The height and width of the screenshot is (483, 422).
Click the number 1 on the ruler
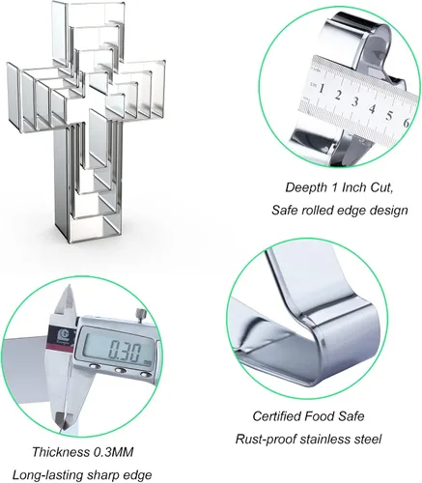click(x=322, y=88)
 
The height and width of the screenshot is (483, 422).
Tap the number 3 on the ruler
click(x=354, y=101)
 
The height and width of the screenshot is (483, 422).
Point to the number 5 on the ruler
click(x=389, y=115)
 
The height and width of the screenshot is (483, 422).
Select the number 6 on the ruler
click(x=406, y=123)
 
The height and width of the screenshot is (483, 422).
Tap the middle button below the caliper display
click(x=120, y=370)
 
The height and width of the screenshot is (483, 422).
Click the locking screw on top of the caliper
click(x=141, y=312)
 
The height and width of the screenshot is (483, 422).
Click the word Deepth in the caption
click(x=306, y=187)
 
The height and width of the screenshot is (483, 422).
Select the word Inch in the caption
click(x=353, y=187)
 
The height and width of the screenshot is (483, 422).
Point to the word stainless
click(x=324, y=439)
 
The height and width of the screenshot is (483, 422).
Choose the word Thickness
click(x=61, y=452)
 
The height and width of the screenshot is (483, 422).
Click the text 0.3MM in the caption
click(x=113, y=452)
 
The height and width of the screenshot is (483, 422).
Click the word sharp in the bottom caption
click(x=98, y=475)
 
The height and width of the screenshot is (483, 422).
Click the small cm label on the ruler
click(x=313, y=84)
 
